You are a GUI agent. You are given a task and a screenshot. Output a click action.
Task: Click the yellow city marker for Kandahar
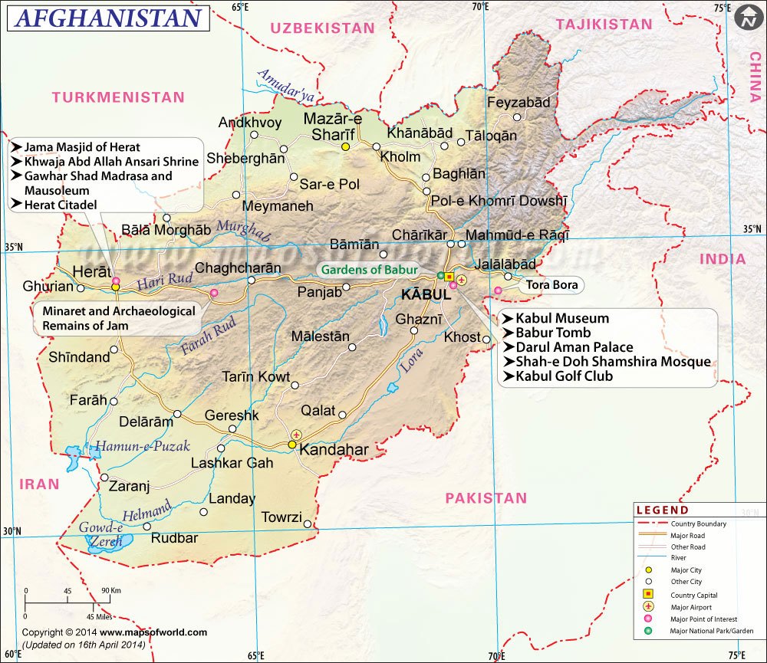[x=292, y=444]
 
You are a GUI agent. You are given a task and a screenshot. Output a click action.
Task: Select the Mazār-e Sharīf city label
[x=333, y=126]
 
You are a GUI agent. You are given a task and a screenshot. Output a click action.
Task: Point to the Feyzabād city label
[x=518, y=102]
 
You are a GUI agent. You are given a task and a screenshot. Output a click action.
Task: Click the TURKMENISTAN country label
[x=118, y=97]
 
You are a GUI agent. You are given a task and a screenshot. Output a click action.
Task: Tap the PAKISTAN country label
[x=486, y=498]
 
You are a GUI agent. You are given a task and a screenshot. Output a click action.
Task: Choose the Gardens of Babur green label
[x=369, y=270]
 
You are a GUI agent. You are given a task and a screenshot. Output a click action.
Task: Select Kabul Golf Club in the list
[x=564, y=376]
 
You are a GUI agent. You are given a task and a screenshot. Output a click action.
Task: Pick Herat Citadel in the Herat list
[x=61, y=205]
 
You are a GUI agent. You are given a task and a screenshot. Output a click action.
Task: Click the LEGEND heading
[x=662, y=510]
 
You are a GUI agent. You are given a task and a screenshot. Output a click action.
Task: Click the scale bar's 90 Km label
[x=110, y=591]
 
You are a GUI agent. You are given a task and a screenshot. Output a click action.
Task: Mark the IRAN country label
[x=39, y=484]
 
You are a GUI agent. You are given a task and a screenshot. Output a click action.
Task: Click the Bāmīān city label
[x=354, y=245]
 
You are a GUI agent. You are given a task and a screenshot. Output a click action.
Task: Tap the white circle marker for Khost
[x=486, y=337]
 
